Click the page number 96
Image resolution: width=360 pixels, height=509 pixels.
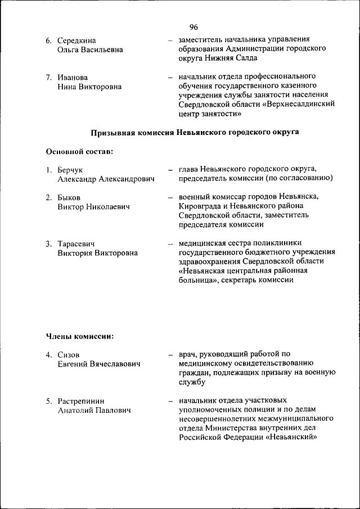[193, 28]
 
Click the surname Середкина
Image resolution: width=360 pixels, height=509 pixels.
[76, 40]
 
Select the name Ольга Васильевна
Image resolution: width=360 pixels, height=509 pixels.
[90, 50]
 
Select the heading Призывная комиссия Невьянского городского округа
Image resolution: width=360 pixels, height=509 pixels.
[195, 132]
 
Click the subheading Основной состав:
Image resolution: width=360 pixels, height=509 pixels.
[78, 151]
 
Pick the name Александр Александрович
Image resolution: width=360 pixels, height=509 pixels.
[106, 179]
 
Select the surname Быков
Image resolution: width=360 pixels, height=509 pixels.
[69, 197]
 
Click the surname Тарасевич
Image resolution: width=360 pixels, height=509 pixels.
[76, 244]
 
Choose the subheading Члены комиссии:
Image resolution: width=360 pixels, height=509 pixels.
[79, 336]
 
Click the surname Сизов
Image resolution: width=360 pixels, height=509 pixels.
[69, 355]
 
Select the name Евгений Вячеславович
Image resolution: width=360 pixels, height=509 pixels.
[99, 364]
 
